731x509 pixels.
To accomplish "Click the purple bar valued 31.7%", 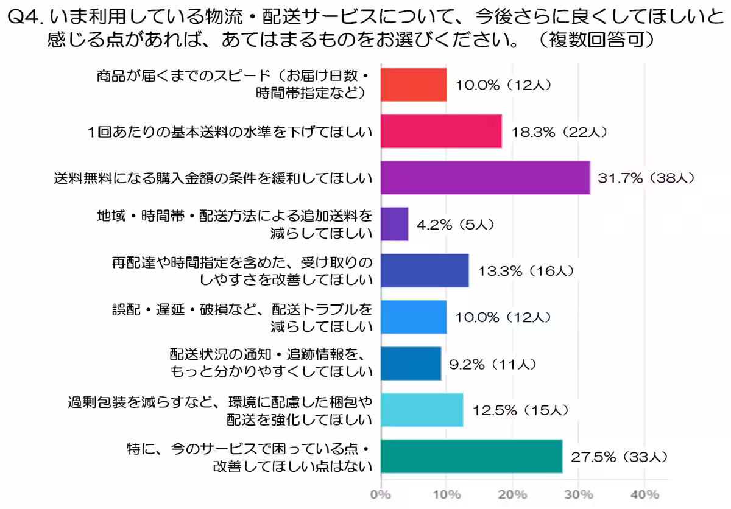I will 485,177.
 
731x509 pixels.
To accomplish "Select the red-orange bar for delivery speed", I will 414,85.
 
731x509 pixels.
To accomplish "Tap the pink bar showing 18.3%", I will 441,131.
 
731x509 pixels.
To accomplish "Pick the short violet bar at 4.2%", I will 394,224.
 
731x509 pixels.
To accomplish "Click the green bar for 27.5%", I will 471,456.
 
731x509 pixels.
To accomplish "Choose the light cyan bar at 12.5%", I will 422,410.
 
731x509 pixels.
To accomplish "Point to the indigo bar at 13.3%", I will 425,270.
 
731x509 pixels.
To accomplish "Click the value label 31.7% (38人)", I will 646,178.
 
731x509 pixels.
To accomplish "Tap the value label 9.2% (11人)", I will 493,364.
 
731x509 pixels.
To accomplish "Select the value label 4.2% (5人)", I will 455,225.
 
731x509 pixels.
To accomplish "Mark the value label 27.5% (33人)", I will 618,457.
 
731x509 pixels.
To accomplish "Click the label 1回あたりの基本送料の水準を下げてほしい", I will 230,131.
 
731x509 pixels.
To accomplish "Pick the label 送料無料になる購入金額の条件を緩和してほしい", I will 213,178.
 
